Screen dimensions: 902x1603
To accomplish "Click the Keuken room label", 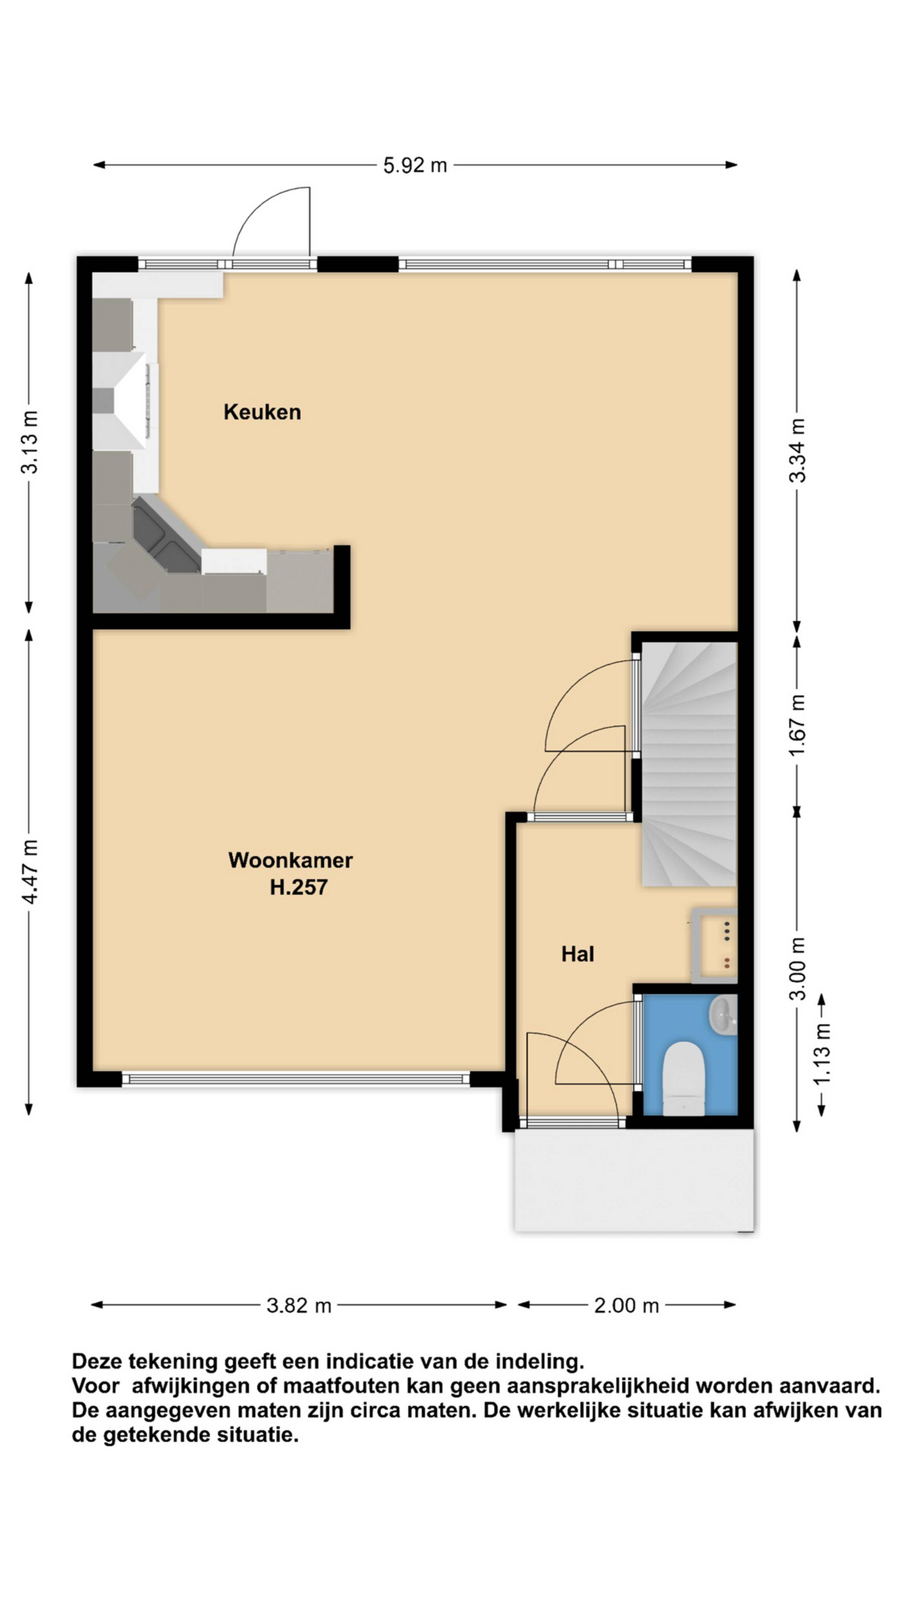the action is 262,412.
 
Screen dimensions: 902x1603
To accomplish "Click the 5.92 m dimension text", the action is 415,165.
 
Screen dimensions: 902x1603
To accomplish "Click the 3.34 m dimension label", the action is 797,450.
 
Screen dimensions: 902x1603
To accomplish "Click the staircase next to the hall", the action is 689,763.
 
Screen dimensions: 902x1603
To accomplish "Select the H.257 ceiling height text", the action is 299,887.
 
